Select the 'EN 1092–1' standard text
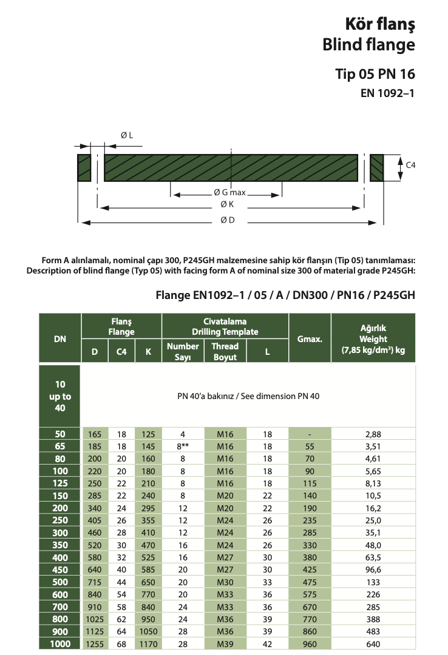388,93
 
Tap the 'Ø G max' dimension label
229,193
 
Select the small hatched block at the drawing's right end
378,167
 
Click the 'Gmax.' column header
310,340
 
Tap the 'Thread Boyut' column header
225,351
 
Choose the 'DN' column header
59,340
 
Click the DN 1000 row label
59,644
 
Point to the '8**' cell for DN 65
182,446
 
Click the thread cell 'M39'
225,644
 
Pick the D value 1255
95,644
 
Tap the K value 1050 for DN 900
148,633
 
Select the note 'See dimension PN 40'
280,396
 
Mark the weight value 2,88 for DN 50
373,434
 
